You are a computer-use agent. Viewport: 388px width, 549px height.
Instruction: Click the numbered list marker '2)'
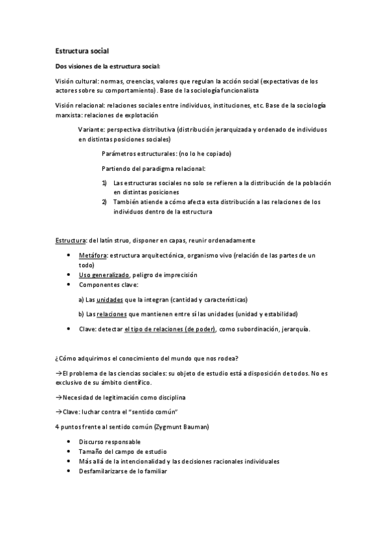point(105,201)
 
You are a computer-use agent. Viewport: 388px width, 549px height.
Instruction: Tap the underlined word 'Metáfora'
point(91,256)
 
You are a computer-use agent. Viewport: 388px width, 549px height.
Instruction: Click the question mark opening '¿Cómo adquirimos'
point(57,359)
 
